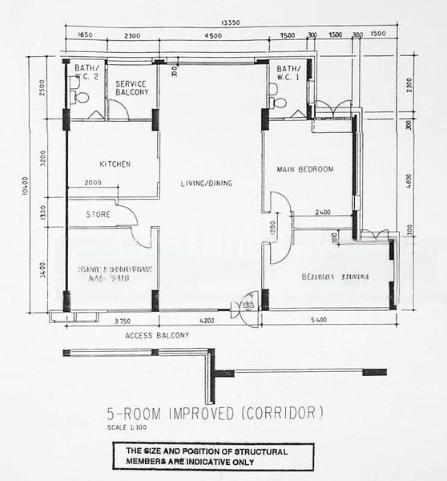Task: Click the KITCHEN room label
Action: tap(115, 164)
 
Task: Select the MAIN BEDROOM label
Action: tap(305, 169)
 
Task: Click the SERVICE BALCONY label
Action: tap(131, 87)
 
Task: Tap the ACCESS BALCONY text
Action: tap(157, 335)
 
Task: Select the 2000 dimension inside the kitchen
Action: tap(93, 183)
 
